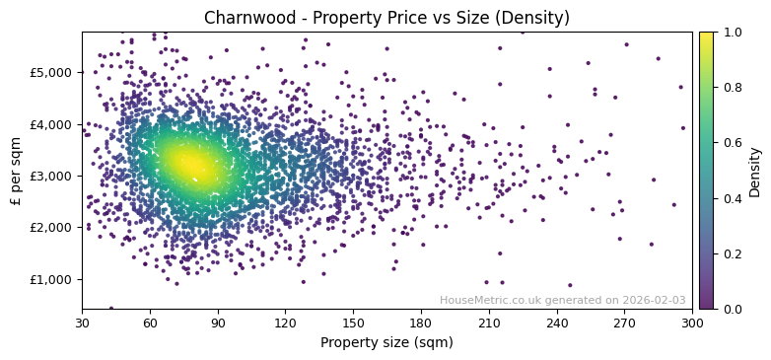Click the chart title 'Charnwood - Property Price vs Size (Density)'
(x=386, y=18)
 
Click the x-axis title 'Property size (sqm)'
(x=386, y=343)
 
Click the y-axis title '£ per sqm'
(x=16, y=171)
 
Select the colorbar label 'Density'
(x=755, y=171)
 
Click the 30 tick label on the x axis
(x=82, y=323)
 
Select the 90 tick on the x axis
(x=218, y=323)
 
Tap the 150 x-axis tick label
(x=353, y=323)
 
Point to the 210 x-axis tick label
(x=489, y=323)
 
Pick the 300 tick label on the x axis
(x=692, y=323)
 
